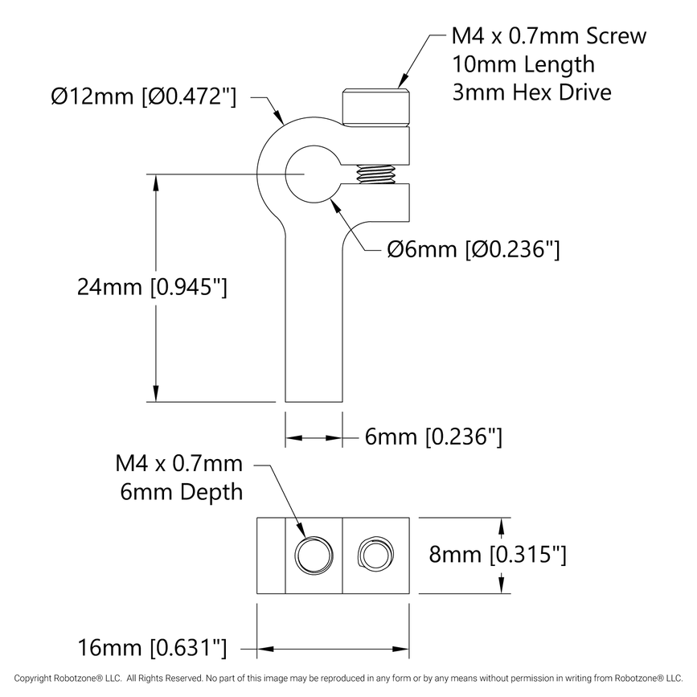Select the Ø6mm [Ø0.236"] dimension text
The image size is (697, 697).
(x=473, y=249)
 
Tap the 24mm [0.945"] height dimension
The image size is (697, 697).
(x=152, y=286)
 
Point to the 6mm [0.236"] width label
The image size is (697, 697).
(x=433, y=437)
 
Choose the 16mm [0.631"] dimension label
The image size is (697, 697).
(x=152, y=647)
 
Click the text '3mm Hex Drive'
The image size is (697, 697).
(x=531, y=92)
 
